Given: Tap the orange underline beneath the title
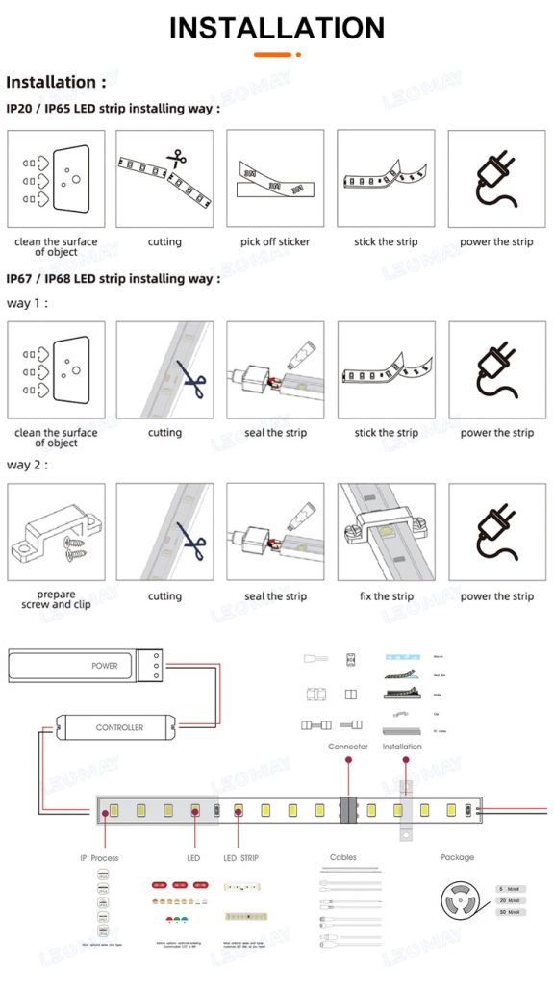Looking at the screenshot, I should pyautogui.click(x=276, y=55).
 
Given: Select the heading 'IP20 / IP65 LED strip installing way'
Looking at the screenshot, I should pyautogui.click(x=113, y=109).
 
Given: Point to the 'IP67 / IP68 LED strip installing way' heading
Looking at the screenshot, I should pyautogui.click(x=113, y=279).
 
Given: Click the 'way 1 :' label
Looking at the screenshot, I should pyautogui.click(x=27, y=303).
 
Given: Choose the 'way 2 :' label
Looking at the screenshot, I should pyautogui.click(x=27, y=465).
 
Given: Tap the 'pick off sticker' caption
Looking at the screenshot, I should pyautogui.click(x=275, y=242).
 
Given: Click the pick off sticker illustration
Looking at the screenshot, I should pyautogui.click(x=275, y=180).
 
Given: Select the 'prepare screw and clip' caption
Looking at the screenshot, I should pyautogui.click(x=56, y=599).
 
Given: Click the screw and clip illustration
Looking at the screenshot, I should pyautogui.click(x=56, y=532).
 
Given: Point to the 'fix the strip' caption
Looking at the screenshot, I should pyautogui.click(x=386, y=596).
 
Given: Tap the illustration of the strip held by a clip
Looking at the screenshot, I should pyautogui.click(x=386, y=532).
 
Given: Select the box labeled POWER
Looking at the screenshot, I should pyautogui.click(x=82, y=666).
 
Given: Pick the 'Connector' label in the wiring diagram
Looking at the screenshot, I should pyautogui.click(x=347, y=747).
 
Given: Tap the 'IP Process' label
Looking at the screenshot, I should pyautogui.click(x=99, y=858).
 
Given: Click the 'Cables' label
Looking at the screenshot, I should pyautogui.click(x=343, y=857).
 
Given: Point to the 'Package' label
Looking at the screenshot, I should pyautogui.click(x=458, y=857).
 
